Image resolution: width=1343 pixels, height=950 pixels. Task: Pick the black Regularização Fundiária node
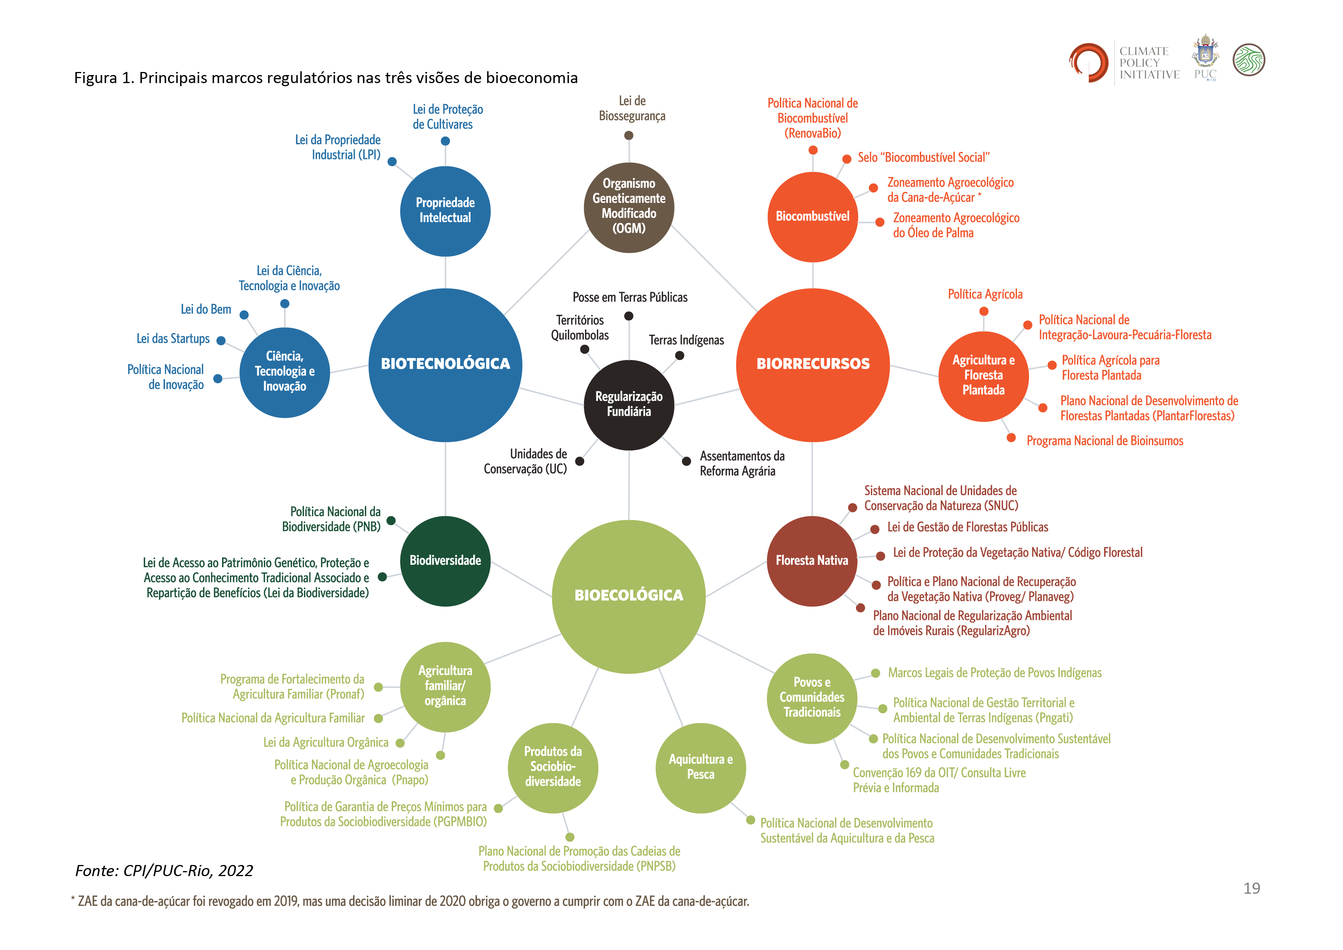(x=629, y=404)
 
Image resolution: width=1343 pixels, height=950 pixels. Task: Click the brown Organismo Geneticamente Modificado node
(x=629, y=207)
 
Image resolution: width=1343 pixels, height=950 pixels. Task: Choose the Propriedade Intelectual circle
(x=445, y=211)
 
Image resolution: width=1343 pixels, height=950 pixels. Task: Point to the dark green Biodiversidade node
(x=445, y=561)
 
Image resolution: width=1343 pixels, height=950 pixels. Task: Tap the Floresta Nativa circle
(x=812, y=561)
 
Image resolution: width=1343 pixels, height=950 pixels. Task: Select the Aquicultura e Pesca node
(x=700, y=767)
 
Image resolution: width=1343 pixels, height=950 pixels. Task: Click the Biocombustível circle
(x=812, y=216)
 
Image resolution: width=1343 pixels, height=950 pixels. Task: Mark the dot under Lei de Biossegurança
(x=629, y=135)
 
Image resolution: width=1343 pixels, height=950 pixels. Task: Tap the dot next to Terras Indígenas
(x=680, y=355)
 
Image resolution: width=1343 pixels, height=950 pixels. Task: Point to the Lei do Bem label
(x=206, y=309)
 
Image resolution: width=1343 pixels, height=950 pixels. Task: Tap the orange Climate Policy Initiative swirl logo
(x=1088, y=61)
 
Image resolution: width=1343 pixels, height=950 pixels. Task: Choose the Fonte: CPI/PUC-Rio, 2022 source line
(x=164, y=870)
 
